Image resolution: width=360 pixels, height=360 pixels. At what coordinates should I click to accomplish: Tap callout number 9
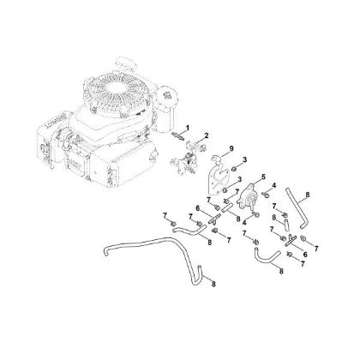(x=230, y=151)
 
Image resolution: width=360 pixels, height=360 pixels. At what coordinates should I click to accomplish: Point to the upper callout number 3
(x=245, y=161)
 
